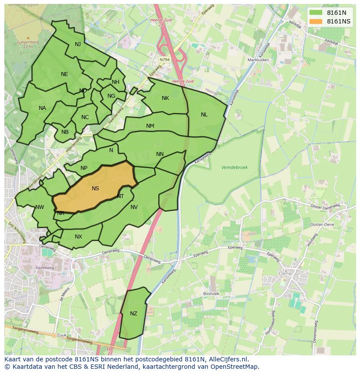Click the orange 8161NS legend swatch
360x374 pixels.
click(x=316, y=21)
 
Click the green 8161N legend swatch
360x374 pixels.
click(x=316, y=13)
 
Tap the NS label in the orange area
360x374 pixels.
click(x=95, y=189)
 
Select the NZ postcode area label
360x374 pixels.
click(x=133, y=314)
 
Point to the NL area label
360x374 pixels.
click(x=204, y=115)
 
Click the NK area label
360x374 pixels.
click(x=165, y=98)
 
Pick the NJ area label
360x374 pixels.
click(x=78, y=44)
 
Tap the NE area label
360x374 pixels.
click(x=64, y=74)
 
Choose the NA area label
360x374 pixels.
click(x=42, y=108)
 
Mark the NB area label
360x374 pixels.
click(x=65, y=132)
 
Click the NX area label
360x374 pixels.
click(x=78, y=237)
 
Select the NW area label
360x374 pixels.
click(x=40, y=207)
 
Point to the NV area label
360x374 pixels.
click(x=134, y=207)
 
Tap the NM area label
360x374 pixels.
click(x=150, y=126)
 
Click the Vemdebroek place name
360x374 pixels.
click(x=234, y=167)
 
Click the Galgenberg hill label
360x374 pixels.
click(x=28, y=42)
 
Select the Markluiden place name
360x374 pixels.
click(x=258, y=60)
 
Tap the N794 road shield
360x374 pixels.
click(x=164, y=60)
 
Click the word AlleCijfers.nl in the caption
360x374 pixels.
click(x=228, y=359)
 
